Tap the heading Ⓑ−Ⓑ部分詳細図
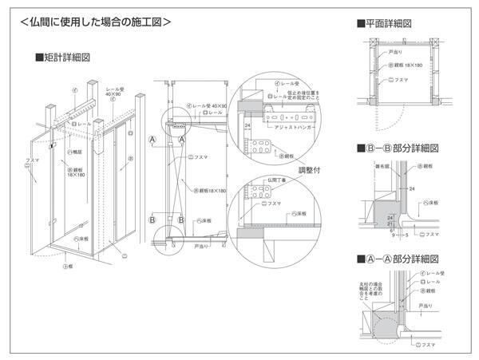[x=400, y=148]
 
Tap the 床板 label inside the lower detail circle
[x=300, y=214]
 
